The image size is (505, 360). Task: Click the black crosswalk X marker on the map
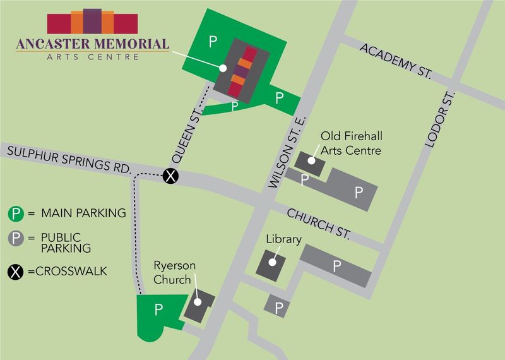point(170,176)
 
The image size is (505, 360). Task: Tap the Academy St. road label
point(396,61)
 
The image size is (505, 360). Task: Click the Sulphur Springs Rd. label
point(66,159)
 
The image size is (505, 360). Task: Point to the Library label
point(283,239)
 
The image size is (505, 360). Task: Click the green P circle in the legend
point(16,213)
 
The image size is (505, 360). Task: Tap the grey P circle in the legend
point(16,239)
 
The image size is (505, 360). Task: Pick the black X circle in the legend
point(16,272)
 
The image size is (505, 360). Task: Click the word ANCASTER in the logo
point(52,44)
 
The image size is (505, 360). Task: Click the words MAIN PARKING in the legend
point(83,213)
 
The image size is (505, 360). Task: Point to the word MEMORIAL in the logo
point(132,44)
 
